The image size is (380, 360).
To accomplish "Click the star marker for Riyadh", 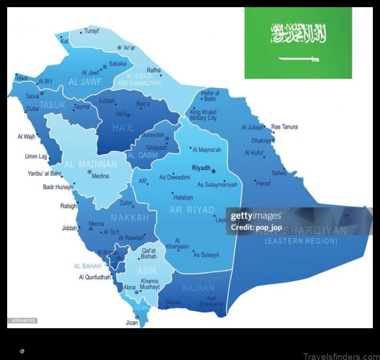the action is point(213,171).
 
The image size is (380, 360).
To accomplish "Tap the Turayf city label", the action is point(92,31).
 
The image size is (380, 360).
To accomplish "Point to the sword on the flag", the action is point(298,59).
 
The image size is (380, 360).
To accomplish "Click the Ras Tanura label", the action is point(285,127).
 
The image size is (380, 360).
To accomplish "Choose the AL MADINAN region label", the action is point(91,165).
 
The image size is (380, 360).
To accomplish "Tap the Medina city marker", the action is point(89,172).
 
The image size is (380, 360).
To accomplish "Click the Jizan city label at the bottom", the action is point(132,323).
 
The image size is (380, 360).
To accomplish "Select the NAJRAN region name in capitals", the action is point(198,288).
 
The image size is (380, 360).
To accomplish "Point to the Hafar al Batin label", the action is point(210,96).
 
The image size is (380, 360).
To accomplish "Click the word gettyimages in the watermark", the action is point(256,216).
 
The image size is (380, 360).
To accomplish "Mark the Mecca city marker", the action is point(91,229).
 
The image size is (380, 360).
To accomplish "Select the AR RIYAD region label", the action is point(192,210).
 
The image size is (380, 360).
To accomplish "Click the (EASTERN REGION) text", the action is point(301,241).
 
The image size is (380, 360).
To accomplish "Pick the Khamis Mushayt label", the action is point(150,284).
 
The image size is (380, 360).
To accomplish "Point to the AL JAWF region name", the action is point(86,81).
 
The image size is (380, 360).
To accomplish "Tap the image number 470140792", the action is point(22,321).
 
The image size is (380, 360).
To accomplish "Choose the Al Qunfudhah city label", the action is point(95,277).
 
